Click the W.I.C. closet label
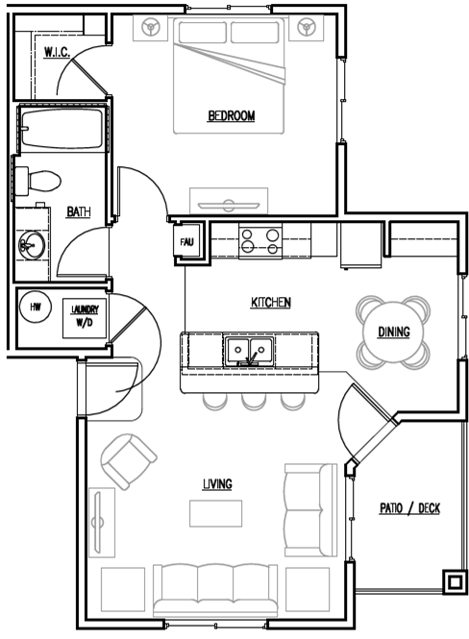click(57, 52)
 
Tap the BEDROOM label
click(231, 116)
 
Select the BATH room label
click(78, 212)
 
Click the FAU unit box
click(187, 241)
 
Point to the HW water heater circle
click(36, 307)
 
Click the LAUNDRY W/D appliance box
click(85, 318)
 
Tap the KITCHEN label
click(271, 303)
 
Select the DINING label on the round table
click(394, 332)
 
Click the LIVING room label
click(217, 484)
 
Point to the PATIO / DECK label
click(409, 508)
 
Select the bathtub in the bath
click(62, 129)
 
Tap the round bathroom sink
click(32, 245)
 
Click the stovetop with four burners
click(260, 241)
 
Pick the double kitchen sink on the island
click(249, 351)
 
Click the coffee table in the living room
click(215, 513)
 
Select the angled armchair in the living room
click(129, 461)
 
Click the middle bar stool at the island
click(254, 402)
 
